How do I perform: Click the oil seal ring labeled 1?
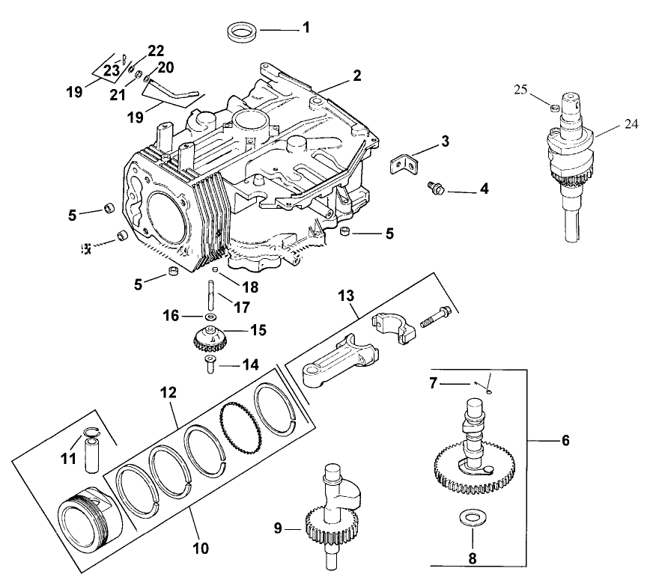(243, 33)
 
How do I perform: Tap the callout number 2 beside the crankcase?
(357, 76)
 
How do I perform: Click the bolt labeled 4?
(434, 188)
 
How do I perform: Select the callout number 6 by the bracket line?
(565, 441)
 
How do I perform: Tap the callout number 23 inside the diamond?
(111, 69)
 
